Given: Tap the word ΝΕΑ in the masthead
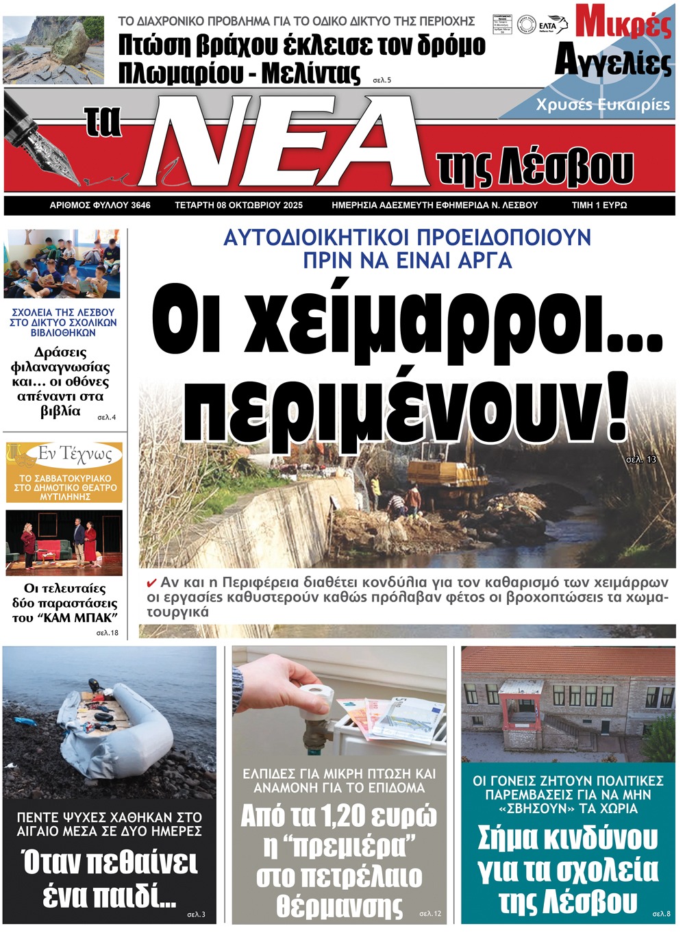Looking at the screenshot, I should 288,140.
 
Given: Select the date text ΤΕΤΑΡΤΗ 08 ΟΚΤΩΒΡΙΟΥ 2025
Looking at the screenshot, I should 238,205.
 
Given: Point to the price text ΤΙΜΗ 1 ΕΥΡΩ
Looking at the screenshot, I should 599,205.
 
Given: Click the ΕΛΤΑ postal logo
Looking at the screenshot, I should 552,25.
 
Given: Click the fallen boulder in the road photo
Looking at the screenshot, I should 71,45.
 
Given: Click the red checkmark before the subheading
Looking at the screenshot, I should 152,584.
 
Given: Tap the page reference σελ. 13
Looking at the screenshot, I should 641,459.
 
